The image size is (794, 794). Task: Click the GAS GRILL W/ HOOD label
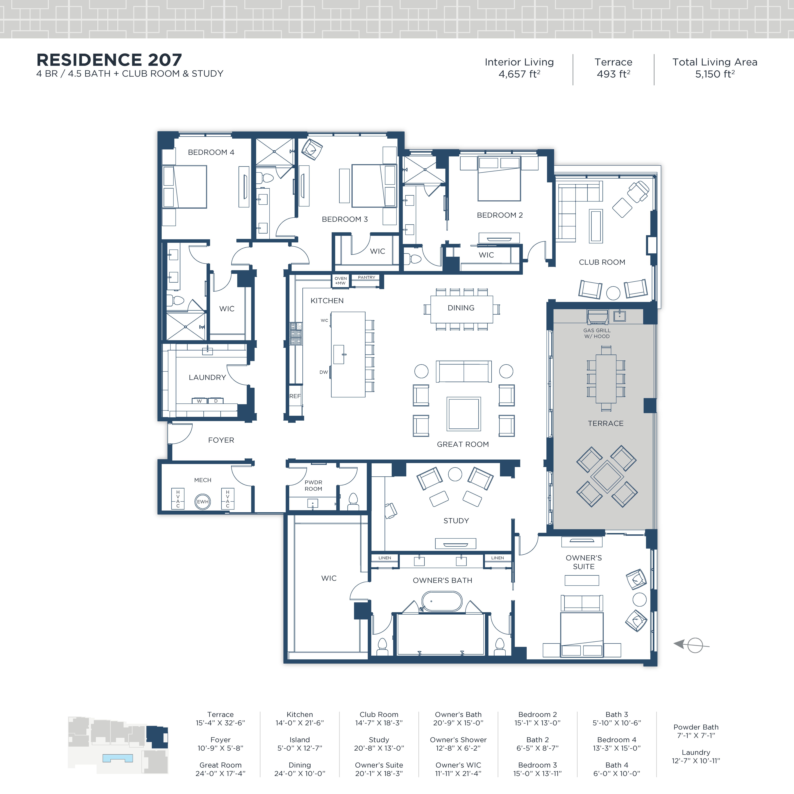(x=597, y=333)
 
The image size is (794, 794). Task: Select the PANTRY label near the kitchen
(x=366, y=277)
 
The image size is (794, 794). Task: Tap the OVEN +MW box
(x=340, y=281)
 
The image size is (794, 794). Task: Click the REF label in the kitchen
(x=295, y=396)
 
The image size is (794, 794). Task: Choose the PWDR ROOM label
(x=313, y=485)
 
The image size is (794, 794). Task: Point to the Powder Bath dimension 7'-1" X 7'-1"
(x=696, y=735)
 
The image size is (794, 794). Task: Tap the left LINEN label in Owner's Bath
(x=385, y=558)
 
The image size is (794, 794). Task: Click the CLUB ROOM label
(x=602, y=262)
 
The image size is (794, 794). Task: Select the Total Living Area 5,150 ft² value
(x=715, y=74)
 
